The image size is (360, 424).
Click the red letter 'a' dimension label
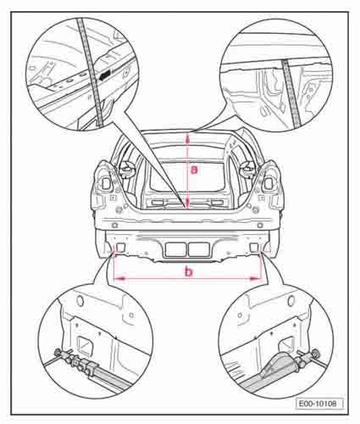194,170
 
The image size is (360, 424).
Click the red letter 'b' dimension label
188,272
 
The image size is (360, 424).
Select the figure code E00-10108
320,404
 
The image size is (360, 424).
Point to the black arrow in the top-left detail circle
105,75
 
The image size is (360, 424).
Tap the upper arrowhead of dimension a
187,139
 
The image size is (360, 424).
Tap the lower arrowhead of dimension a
186,204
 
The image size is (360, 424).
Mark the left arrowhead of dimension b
119,278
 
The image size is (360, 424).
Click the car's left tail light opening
106,183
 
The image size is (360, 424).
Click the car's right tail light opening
269,183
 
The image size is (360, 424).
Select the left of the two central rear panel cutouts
175,249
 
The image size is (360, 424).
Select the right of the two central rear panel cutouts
198,249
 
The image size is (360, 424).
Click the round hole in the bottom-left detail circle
80,300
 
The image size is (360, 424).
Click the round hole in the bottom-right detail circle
291,301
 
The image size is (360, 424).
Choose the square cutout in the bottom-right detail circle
286,345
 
